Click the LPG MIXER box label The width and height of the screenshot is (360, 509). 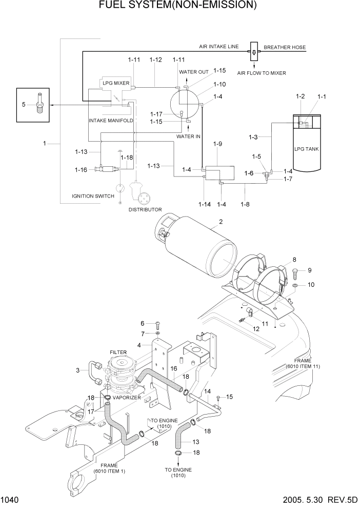115,83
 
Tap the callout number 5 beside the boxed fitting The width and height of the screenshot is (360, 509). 24,104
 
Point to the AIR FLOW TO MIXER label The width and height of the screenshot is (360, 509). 262,73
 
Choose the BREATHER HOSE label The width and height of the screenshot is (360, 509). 285,47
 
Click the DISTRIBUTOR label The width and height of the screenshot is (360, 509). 145,209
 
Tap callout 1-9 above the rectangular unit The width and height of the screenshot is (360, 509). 217,145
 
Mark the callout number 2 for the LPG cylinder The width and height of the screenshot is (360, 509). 221,222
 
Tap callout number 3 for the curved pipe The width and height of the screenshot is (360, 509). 78,370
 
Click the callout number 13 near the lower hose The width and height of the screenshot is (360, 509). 195,442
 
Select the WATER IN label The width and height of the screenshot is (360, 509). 188,136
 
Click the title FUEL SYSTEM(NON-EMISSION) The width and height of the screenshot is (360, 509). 181,6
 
